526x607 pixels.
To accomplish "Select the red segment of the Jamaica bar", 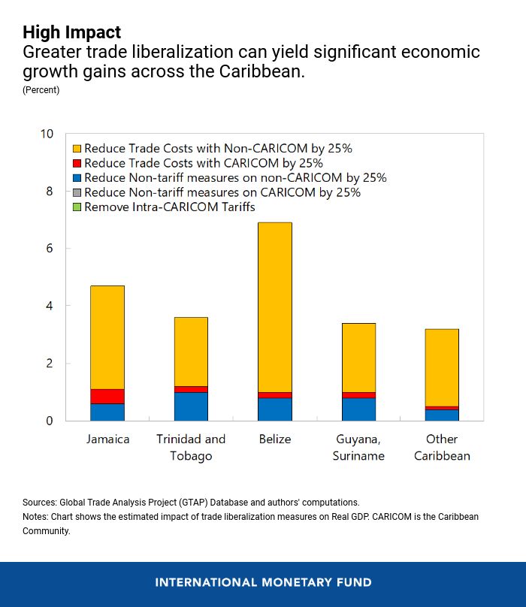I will (107, 396).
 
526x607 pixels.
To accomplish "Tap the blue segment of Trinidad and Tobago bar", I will (191, 406).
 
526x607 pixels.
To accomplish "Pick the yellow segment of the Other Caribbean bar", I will (442, 367).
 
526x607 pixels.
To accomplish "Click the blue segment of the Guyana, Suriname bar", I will (358, 409).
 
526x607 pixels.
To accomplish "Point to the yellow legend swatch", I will (76, 149).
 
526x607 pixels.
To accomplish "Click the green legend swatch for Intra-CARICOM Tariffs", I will (76, 207).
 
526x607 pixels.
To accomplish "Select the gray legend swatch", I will (76, 192).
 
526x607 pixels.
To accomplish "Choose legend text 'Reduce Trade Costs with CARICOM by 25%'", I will (204, 163).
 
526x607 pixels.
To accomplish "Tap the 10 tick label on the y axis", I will (47, 134).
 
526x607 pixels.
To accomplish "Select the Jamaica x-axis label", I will (107, 439).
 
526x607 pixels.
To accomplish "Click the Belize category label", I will (274, 439).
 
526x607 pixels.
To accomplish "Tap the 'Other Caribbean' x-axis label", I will (442, 447).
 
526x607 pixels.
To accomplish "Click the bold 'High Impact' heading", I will (71, 32).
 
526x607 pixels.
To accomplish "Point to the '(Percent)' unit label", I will (41, 90).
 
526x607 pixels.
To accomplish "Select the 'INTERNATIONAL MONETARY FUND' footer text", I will (263, 582).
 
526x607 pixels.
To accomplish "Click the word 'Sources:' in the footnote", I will (40, 502).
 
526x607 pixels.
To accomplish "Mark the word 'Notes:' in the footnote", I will (36, 517).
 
